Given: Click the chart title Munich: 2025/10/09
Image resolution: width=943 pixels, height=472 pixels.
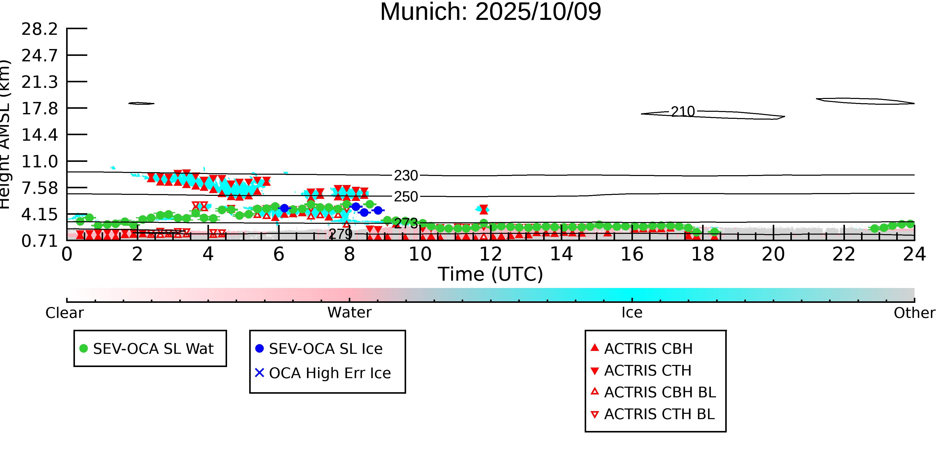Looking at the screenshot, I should pos(491,12).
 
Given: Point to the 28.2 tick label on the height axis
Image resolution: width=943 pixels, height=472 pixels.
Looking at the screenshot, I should pos(39,29).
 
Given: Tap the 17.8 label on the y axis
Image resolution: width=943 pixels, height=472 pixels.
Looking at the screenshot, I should pos(39,109).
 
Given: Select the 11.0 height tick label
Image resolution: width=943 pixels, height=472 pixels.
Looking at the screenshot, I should pos(39,162).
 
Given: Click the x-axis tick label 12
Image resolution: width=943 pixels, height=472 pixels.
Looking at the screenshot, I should pos(491,254).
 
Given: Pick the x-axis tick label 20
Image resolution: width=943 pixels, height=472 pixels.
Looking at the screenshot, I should pos(773,254).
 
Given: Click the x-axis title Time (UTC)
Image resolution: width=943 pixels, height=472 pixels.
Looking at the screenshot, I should pos(491,274).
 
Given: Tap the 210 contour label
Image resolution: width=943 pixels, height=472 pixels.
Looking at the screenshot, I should pos(683,112).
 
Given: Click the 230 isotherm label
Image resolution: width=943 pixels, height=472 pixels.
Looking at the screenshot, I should pos(406,176).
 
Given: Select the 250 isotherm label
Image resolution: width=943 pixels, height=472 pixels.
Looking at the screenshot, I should pos(406,197).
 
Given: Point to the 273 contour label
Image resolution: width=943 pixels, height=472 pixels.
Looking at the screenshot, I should pos(406,223).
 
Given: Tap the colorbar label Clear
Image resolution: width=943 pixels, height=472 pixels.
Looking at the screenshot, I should pos(64,313).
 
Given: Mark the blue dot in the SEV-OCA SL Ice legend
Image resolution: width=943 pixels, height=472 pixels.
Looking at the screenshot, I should pos(260,348).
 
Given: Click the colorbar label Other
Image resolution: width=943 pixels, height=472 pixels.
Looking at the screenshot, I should pos(914,313).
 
